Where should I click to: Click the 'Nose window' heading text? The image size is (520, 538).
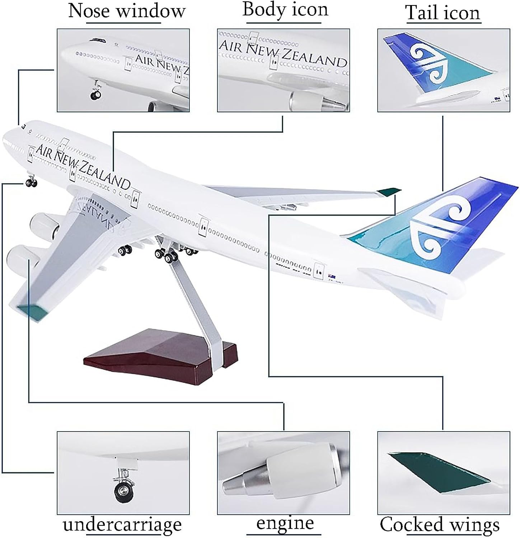click(x=127, y=11)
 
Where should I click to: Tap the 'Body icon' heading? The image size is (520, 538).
click(x=285, y=9)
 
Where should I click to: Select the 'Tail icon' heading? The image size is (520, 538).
click(x=443, y=13)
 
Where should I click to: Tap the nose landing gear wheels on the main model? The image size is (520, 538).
click(x=31, y=183)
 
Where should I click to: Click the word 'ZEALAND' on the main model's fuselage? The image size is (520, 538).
click(x=104, y=175)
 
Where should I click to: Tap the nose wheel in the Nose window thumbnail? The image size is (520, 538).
click(x=95, y=95)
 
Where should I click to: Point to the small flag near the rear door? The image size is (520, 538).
click(x=332, y=277)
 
